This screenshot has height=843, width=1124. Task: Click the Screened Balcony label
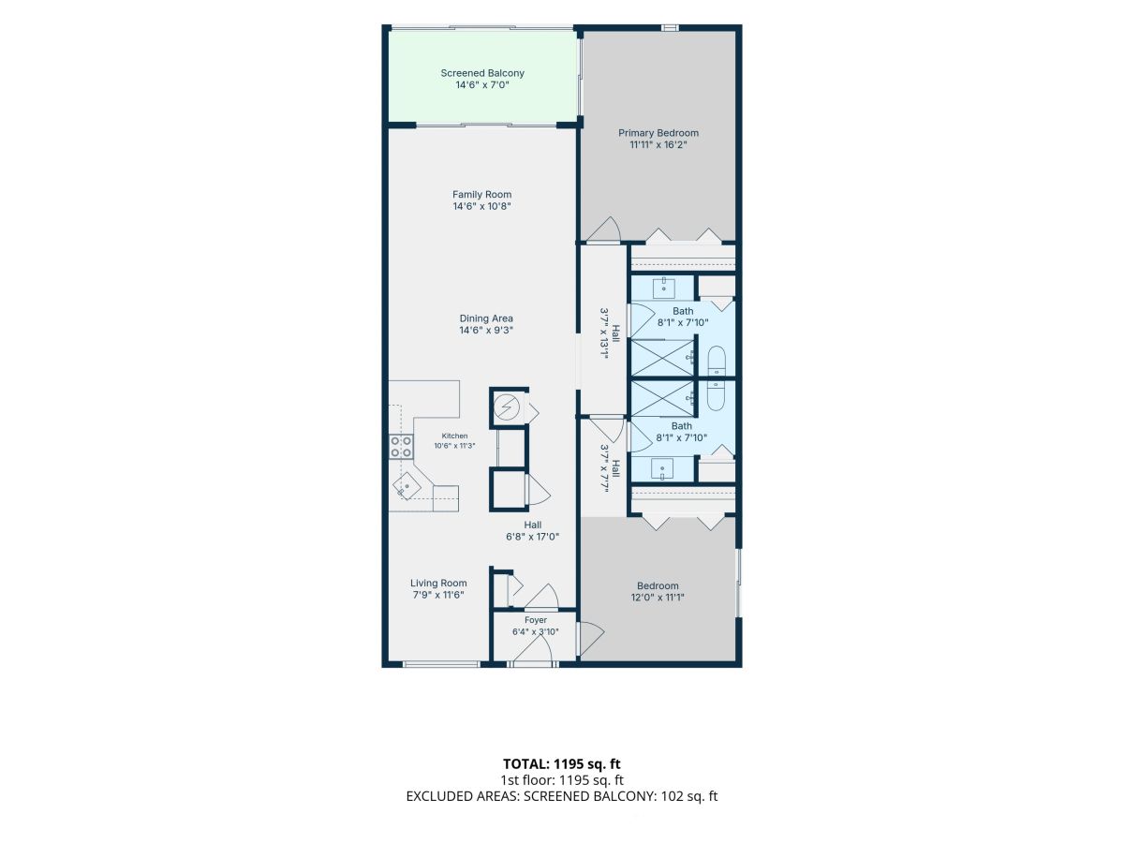[482, 73]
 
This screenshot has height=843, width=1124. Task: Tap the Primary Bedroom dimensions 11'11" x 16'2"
[658, 145]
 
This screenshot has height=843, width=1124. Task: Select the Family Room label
[481, 195]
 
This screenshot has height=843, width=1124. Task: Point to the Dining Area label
[486, 318]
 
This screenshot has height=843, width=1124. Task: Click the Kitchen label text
[454, 436]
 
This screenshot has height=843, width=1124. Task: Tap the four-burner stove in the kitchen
[401, 447]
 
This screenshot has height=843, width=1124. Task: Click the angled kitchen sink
[407, 484]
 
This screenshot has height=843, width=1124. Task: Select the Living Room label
[438, 583]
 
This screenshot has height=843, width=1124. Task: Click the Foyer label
[536, 620]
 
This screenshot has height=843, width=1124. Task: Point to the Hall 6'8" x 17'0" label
[533, 531]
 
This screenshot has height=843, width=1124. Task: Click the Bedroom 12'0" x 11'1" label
[658, 591]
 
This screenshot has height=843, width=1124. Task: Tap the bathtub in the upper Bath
[717, 362]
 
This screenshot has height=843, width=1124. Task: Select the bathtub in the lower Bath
[717, 395]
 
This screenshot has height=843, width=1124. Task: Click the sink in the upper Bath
[664, 288]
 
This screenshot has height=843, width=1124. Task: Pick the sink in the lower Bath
[662, 469]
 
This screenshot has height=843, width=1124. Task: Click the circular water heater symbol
[507, 408]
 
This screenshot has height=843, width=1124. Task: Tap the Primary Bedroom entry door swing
[604, 229]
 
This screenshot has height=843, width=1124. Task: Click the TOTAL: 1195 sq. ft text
[562, 764]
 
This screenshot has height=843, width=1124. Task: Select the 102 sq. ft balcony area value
[689, 796]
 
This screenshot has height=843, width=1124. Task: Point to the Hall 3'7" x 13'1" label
[610, 334]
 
